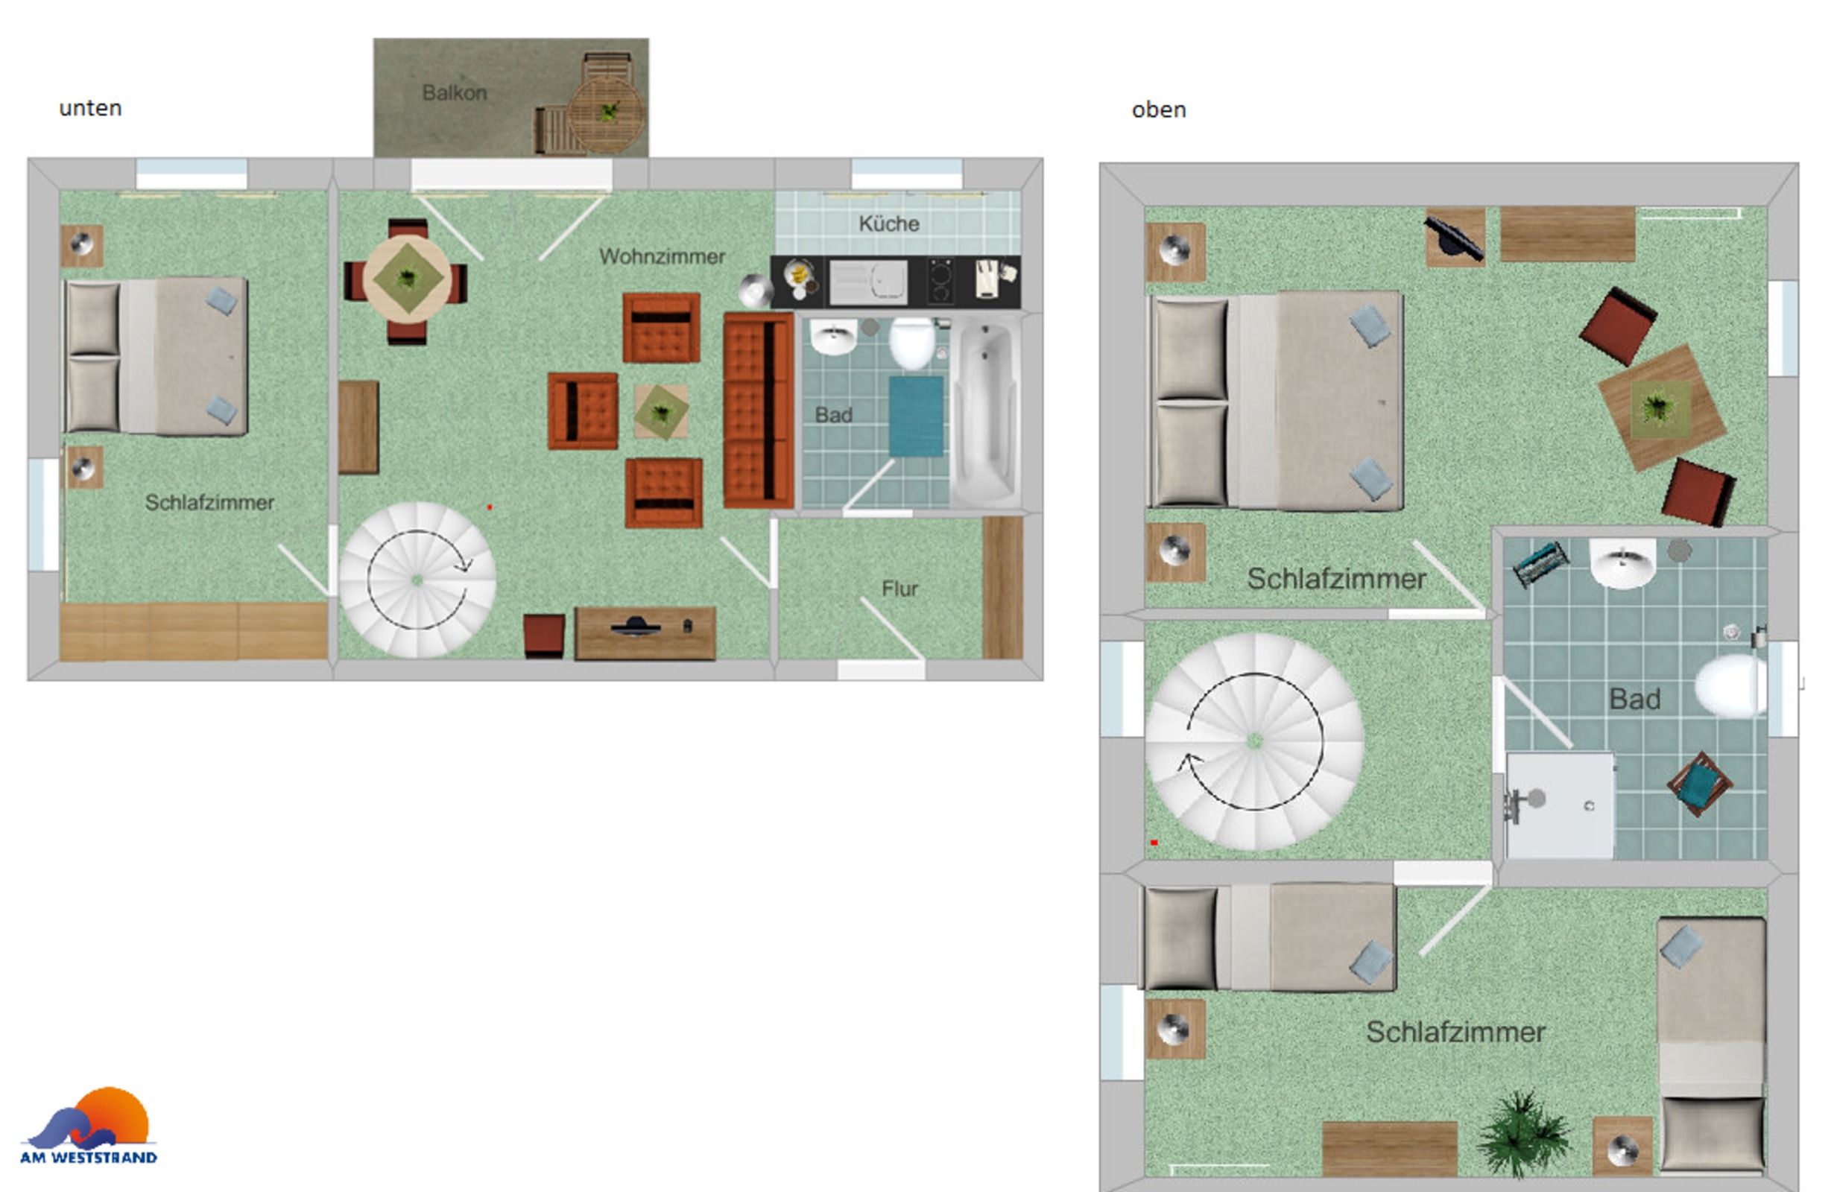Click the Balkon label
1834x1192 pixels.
(x=454, y=92)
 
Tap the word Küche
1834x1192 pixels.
(x=888, y=223)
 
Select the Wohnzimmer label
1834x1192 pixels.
(x=662, y=256)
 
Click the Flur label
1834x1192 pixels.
(x=899, y=589)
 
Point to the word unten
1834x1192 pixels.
(x=90, y=108)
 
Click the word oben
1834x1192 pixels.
(x=1158, y=110)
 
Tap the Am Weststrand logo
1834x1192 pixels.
(x=89, y=1125)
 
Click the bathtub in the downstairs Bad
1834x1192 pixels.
(x=986, y=411)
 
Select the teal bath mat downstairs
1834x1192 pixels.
(x=915, y=416)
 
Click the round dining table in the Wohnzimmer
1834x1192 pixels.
(x=408, y=279)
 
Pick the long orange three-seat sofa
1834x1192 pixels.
(x=758, y=410)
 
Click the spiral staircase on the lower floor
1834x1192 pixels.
(x=417, y=580)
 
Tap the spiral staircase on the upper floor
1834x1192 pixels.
(x=1254, y=741)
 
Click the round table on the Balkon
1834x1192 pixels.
(x=607, y=114)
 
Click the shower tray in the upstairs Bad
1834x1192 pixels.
(x=1559, y=805)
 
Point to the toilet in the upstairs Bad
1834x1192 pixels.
(x=1730, y=685)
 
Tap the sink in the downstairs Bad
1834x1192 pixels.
(x=833, y=337)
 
